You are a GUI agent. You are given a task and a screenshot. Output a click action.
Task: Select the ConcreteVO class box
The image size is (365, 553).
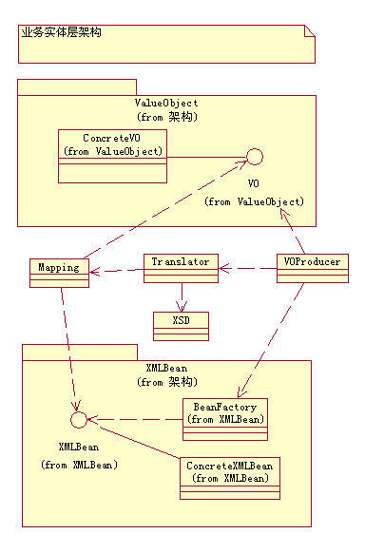tap(113, 156)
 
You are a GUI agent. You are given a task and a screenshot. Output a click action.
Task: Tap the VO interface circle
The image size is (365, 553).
tap(254, 157)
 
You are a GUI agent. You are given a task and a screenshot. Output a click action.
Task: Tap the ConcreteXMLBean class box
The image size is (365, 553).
tap(231, 477)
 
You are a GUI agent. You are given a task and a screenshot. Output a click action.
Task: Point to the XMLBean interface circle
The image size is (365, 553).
tap(80, 419)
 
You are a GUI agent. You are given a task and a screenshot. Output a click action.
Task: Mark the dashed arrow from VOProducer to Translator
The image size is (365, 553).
tap(247, 269)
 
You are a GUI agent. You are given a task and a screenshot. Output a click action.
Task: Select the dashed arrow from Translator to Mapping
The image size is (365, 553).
tap(116, 271)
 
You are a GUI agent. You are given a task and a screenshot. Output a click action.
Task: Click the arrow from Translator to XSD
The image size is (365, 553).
tap(179, 296)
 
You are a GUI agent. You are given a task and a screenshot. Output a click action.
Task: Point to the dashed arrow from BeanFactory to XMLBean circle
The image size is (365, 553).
tap(133, 419)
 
